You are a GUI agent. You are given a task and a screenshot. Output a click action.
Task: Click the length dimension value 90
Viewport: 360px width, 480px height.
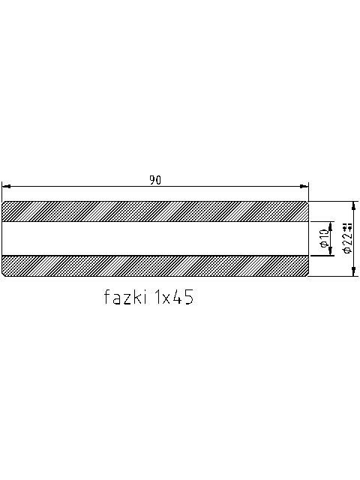pyautogui.click(x=155, y=180)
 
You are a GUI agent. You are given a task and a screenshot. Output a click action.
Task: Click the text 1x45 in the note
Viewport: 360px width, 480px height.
pyautogui.click(x=173, y=298)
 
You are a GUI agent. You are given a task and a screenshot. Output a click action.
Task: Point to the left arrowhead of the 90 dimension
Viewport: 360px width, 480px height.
pyautogui.click(x=6, y=186)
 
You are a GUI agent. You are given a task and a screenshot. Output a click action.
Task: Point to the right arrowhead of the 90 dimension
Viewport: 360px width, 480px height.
pyautogui.click(x=305, y=186)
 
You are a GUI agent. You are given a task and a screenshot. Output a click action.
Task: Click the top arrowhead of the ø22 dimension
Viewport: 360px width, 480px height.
pyautogui.click(x=354, y=205)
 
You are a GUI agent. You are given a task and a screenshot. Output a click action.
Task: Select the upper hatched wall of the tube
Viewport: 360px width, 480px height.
pyautogui.click(x=155, y=212)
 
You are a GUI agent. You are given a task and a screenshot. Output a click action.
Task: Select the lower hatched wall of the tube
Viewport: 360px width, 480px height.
pyautogui.click(x=155, y=265)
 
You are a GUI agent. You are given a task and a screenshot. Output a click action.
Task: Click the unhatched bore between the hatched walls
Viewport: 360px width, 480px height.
pyautogui.click(x=155, y=238)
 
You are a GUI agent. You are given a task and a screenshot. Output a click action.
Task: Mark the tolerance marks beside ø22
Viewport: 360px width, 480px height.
pyautogui.click(x=348, y=226)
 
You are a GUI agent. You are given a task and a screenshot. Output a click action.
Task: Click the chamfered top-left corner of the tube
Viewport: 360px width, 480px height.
pyautogui.click(x=4, y=203)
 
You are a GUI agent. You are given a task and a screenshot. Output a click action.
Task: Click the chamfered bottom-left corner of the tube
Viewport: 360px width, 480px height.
pyautogui.click(x=4, y=274)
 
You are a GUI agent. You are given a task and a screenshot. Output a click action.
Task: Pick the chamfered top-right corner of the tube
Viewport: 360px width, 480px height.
pyautogui.click(x=307, y=203)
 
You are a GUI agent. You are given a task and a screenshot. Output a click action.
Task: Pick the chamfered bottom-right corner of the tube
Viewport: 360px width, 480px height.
pyautogui.click(x=307, y=274)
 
